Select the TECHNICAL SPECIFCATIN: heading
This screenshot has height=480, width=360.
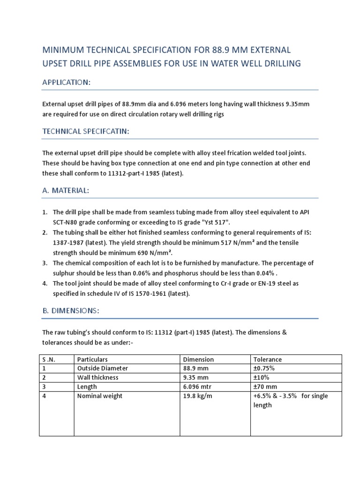pos(85,132)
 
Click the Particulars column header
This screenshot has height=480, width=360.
pos(92,360)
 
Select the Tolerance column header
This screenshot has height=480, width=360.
pos(268,360)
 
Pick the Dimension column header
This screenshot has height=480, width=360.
pos(198,360)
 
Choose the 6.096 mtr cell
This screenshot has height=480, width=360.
pos(198,387)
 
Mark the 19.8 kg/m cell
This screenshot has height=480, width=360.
pos(199,396)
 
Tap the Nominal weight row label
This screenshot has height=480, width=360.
pos(99,396)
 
